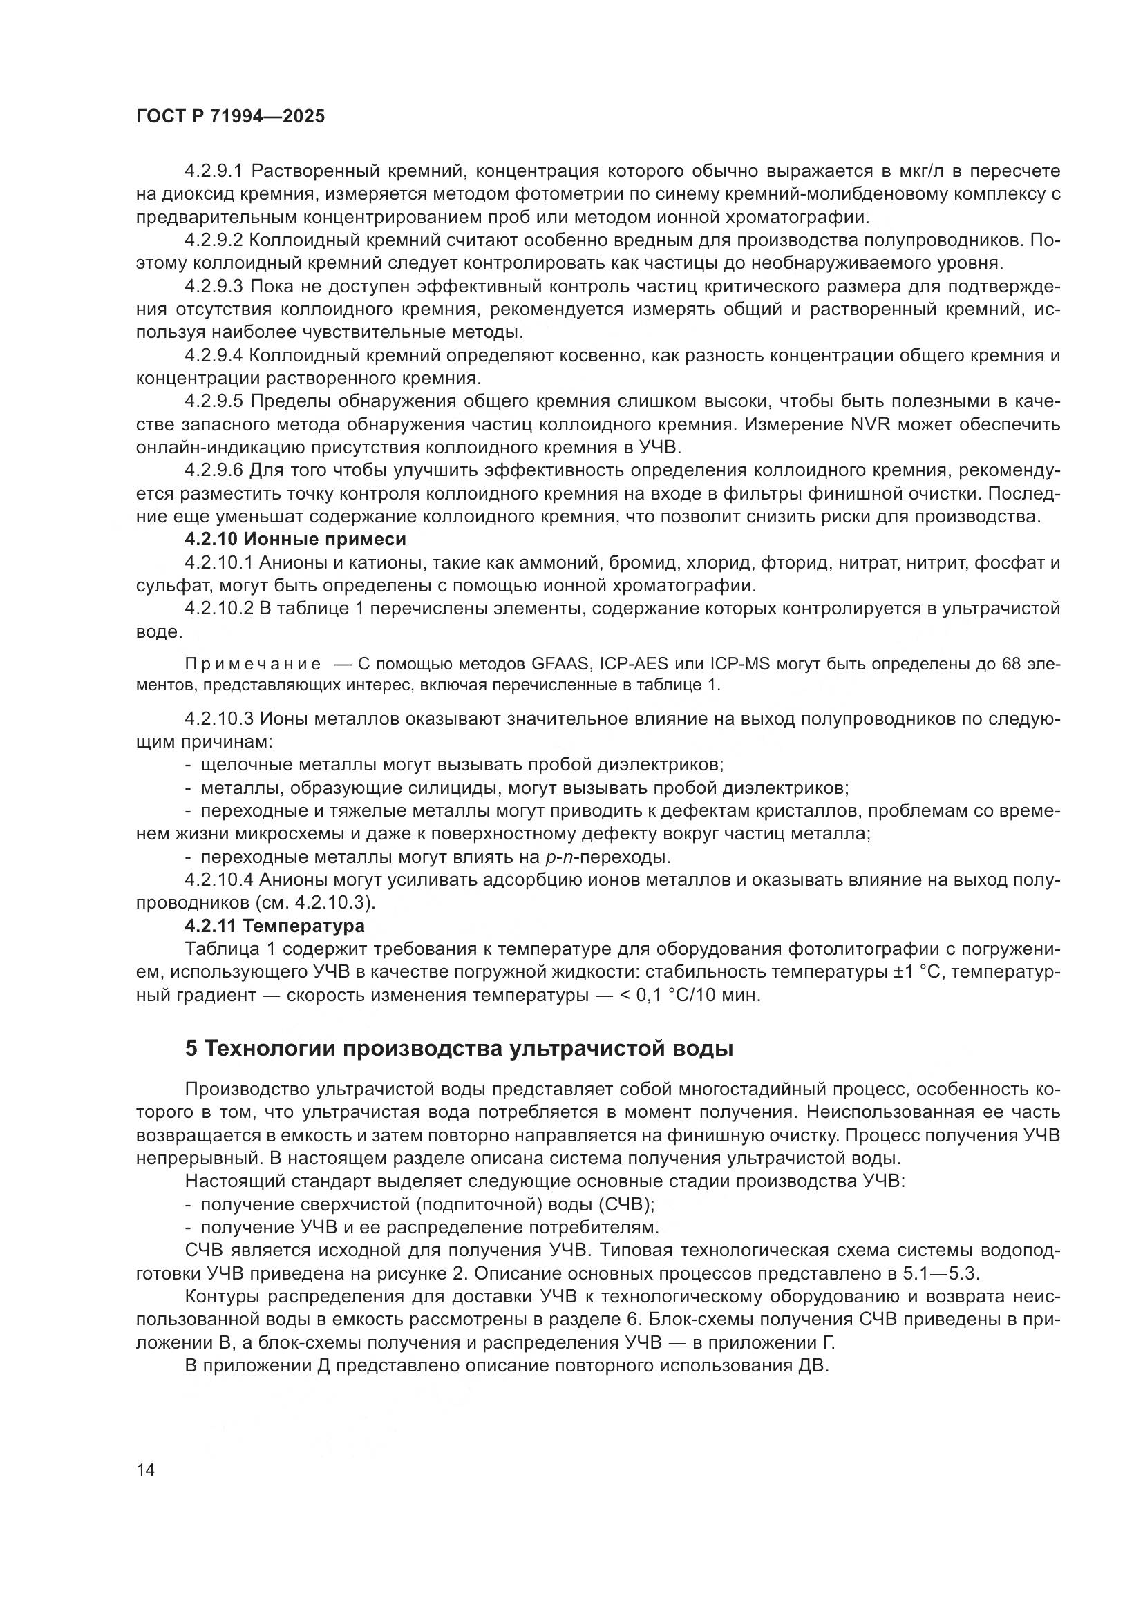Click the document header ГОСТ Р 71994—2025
click(230, 117)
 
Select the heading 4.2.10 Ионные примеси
click(296, 539)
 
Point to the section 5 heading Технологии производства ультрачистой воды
click(459, 1048)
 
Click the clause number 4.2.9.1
click(214, 171)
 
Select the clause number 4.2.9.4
click(214, 355)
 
